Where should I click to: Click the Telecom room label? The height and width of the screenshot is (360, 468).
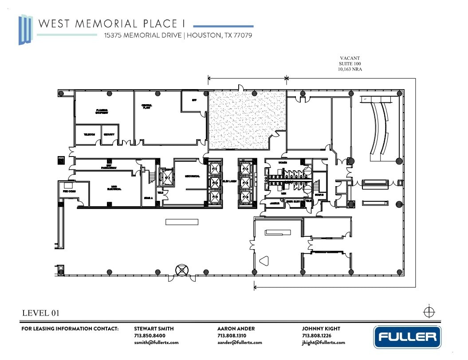point(88,134)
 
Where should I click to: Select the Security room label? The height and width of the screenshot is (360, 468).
point(109,134)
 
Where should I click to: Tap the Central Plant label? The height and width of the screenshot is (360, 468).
point(147,106)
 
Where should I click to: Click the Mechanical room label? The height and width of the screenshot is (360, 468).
point(192,176)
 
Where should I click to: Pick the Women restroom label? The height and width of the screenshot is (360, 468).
point(283,163)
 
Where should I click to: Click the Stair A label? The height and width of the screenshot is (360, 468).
point(148,198)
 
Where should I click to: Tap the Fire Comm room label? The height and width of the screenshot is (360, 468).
point(68,191)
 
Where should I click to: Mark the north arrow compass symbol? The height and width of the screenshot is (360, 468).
point(429,312)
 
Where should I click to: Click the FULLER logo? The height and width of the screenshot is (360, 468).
point(408,337)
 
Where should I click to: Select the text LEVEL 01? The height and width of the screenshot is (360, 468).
point(40,313)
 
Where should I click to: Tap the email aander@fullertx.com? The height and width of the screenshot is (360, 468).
point(240,342)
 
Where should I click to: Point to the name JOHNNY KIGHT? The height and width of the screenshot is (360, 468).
point(321,329)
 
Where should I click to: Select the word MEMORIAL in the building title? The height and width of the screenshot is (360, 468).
point(105,23)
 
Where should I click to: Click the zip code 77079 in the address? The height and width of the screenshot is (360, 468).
point(243,35)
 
